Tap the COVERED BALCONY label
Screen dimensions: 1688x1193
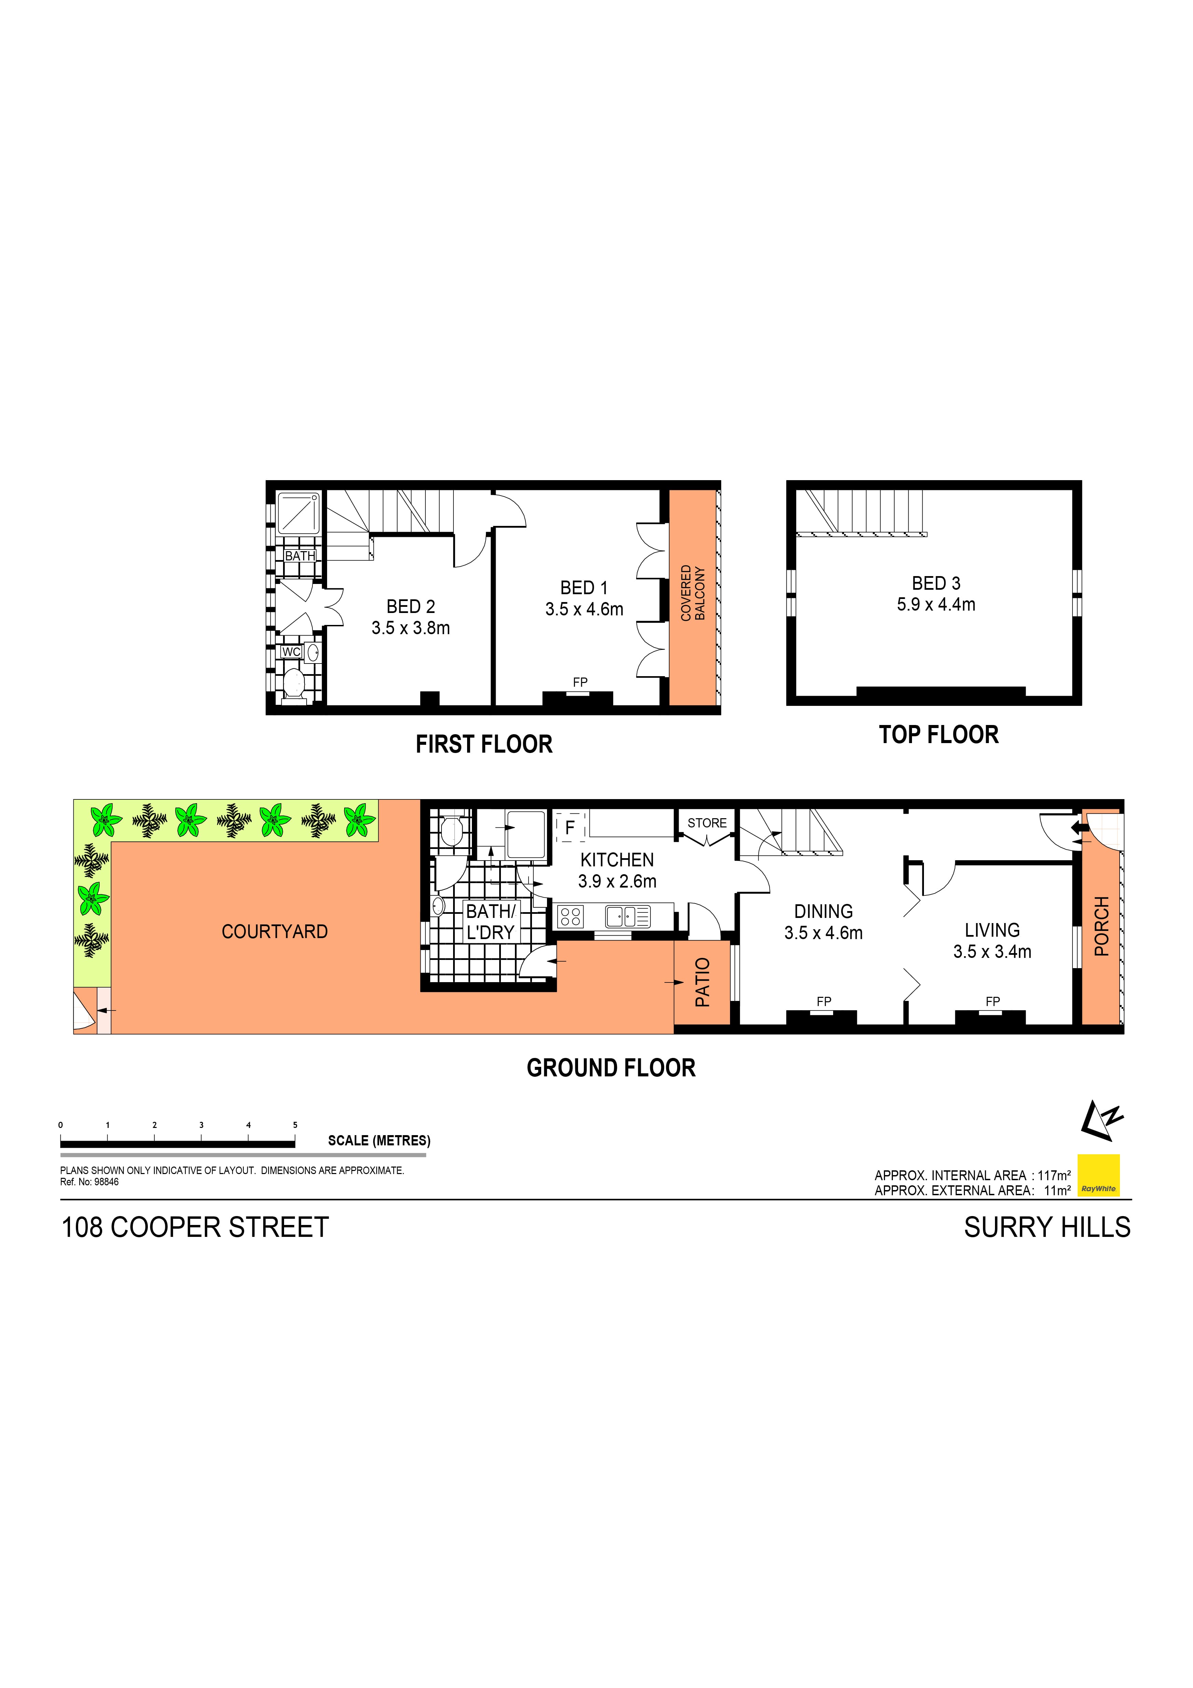coord(692,592)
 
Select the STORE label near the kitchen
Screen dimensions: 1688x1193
coord(706,823)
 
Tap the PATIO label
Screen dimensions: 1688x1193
coord(703,982)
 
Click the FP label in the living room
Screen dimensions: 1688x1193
coord(992,1001)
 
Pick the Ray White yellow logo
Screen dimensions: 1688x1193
coord(1098,1175)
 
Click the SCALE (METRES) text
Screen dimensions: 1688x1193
coord(379,1141)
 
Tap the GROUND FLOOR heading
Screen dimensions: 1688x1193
coord(611,1068)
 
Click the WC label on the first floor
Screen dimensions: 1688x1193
coord(291,652)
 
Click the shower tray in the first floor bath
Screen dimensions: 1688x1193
coord(298,513)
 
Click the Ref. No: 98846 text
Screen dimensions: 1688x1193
coord(89,1182)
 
